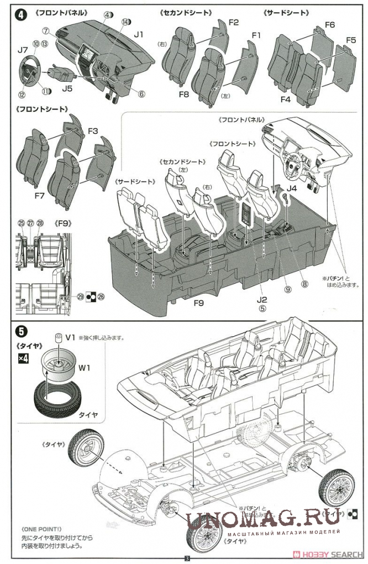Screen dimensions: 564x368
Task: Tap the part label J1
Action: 138,34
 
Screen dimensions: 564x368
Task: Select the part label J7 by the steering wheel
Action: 22,50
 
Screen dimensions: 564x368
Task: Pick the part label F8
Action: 184,94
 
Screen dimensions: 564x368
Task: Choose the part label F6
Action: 330,25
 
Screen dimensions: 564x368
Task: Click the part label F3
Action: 92,131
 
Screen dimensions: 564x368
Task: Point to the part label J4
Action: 292,188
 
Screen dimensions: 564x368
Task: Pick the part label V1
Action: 70,337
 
